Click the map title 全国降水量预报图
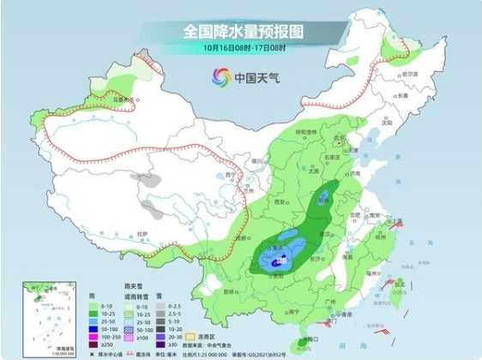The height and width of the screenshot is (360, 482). click(x=243, y=31)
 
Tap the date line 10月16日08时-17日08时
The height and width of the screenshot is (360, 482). click(x=243, y=48)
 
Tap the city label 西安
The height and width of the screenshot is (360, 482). click(x=279, y=201)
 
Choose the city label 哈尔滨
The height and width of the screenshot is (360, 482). click(x=414, y=75)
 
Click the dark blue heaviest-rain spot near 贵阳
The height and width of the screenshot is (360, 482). click(x=275, y=266)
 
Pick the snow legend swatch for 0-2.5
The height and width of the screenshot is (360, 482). click(x=168, y=305)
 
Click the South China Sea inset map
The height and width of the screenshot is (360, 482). click(x=36, y=318)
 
